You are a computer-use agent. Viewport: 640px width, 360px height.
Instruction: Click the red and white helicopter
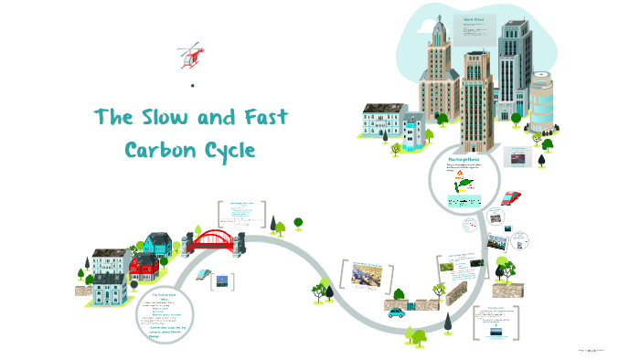point(192,56)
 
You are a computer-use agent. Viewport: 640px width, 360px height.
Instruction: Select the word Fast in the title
point(265,118)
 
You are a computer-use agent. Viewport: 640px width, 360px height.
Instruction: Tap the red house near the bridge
point(144,267)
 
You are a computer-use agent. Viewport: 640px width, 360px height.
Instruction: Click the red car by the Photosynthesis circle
point(511,197)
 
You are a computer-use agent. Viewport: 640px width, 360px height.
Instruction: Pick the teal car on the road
point(396,312)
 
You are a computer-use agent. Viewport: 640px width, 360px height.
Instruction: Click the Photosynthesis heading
point(463,159)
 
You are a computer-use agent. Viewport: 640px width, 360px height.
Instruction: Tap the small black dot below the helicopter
point(193,85)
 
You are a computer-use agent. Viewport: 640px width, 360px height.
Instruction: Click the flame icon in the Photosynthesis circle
point(459,173)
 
